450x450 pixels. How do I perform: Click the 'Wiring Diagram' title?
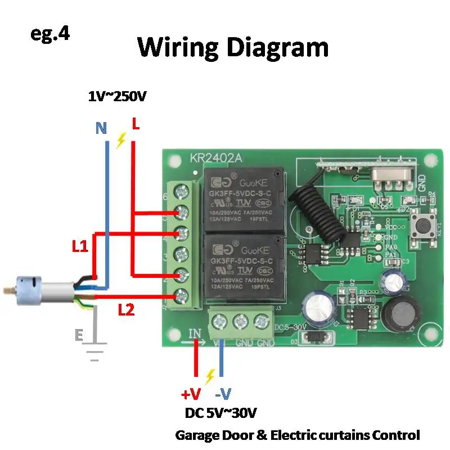[233, 47]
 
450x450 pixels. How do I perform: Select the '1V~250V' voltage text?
[117, 97]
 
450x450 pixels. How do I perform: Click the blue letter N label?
[101, 129]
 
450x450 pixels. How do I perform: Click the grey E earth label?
[79, 336]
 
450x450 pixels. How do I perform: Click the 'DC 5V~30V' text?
[221, 414]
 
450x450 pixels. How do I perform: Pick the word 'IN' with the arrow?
[195, 334]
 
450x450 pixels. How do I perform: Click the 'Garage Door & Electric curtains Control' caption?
[298, 435]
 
